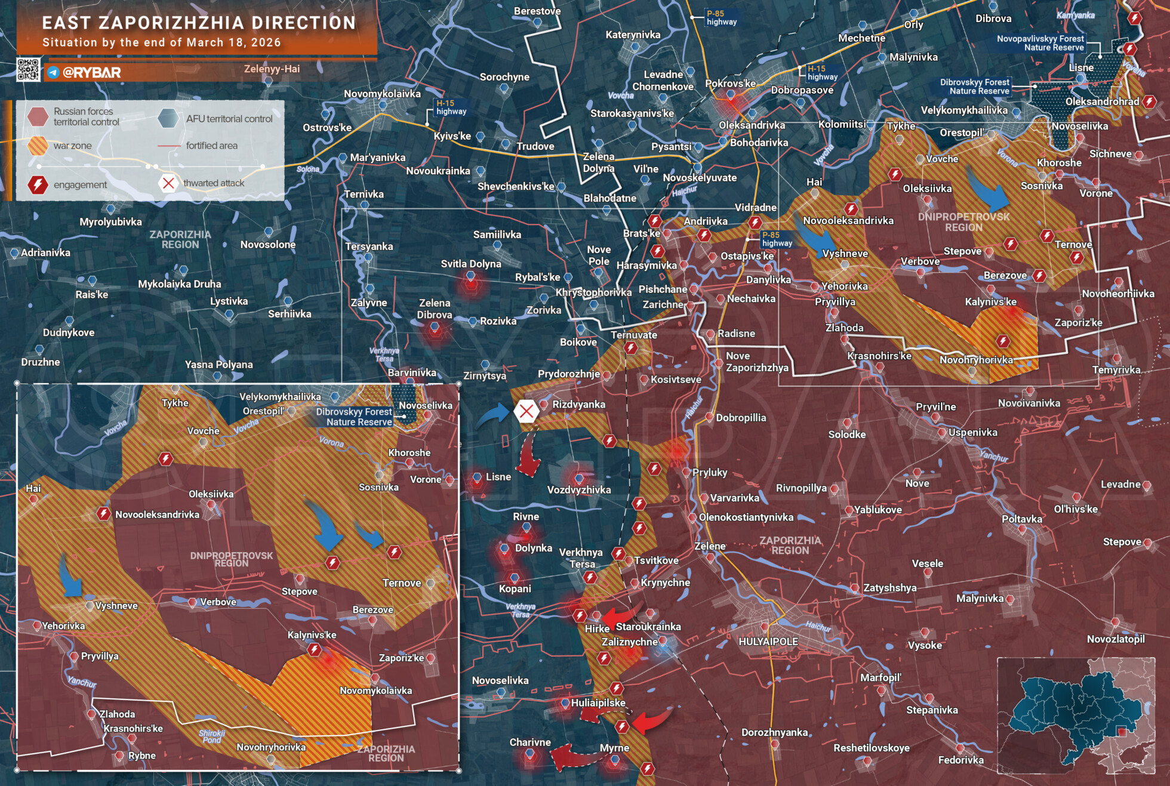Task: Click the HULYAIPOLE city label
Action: click(768, 642)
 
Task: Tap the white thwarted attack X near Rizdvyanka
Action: click(526, 411)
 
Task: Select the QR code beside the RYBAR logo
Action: click(28, 70)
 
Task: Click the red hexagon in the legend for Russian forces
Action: click(38, 116)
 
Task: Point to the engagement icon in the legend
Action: click(38, 184)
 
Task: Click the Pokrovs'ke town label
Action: click(730, 84)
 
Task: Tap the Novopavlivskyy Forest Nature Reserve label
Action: click(1040, 43)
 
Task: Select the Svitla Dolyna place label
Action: click(470, 264)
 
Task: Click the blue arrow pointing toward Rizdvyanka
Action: click(493, 414)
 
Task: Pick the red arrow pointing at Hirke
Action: click(621, 615)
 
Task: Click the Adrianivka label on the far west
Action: click(45, 252)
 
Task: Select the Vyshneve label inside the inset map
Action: click(116, 606)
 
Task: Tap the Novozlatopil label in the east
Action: click(1115, 639)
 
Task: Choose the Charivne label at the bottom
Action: click(529, 742)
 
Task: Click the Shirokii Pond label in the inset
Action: click(212, 736)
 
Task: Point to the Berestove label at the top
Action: click(537, 11)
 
